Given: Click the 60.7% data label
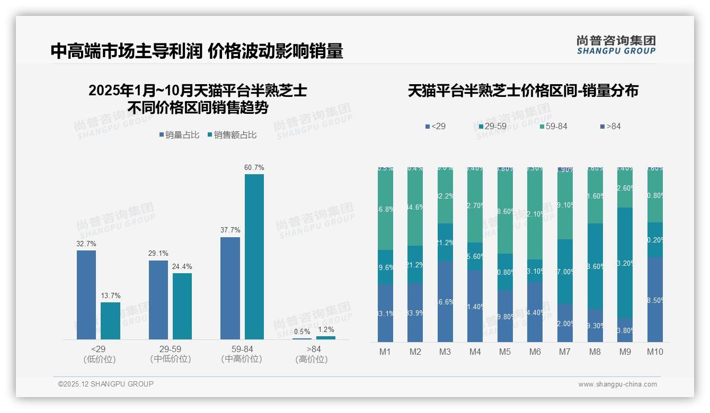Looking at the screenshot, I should pos(254,167).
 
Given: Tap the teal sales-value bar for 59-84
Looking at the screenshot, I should pos(254,257).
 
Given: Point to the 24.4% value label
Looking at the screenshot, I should pos(182,266).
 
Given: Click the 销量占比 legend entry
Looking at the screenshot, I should pos(179,135).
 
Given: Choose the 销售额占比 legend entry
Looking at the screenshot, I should pos(233,135).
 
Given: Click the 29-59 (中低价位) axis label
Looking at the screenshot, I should pos(170,354).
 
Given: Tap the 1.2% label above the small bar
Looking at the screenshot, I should pos(326,329).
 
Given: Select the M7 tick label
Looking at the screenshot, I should pos(565,352).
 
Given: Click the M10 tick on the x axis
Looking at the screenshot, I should pos(655,352).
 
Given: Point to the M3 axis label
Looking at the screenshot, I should pos(445,352).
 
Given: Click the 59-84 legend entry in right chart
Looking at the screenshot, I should pos(554,127).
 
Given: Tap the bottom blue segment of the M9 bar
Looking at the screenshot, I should pos(625,330).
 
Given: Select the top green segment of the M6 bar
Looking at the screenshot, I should pos(535,213).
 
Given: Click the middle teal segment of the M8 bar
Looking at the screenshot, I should pos(595,266).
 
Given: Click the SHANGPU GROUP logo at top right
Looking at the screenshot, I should pos(616,45).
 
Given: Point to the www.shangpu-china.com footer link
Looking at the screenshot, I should pos(617,384).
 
